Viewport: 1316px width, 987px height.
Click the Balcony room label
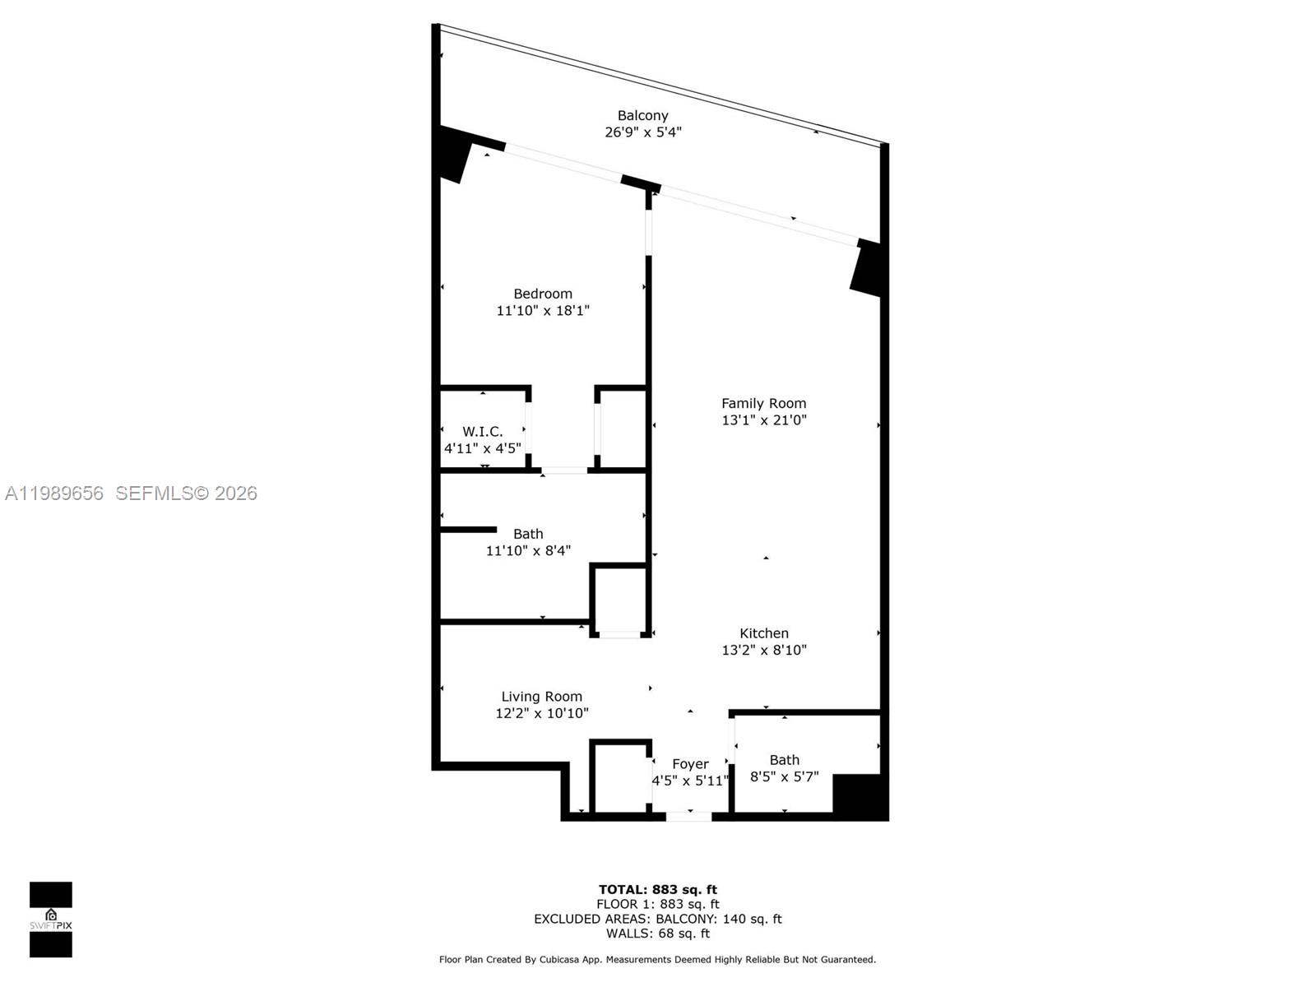click(x=642, y=116)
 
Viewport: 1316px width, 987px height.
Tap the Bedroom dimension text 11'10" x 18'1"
click(x=543, y=311)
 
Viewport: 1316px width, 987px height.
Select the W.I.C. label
click(x=482, y=432)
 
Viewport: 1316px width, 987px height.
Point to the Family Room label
click(x=763, y=403)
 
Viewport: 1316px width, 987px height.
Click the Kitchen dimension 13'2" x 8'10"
click(x=763, y=650)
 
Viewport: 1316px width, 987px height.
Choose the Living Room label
click(x=541, y=697)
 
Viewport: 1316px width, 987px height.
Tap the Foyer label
click(x=690, y=764)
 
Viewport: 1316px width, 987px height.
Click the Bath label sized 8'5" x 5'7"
click(x=784, y=760)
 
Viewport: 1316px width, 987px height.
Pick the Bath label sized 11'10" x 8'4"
click(x=528, y=534)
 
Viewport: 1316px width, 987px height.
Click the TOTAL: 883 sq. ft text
click(x=657, y=889)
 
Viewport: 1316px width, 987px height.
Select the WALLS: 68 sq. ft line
click(x=657, y=934)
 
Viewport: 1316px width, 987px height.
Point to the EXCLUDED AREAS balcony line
click(x=657, y=919)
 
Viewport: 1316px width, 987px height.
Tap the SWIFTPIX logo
click(x=51, y=920)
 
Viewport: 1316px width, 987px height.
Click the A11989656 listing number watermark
click(x=54, y=493)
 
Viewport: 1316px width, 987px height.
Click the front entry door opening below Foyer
click(x=688, y=816)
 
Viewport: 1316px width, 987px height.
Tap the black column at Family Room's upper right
click(x=867, y=267)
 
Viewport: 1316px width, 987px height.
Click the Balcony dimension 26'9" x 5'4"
click(x=642, y=132)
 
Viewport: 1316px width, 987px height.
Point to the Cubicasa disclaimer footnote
click(x=657, y=959)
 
